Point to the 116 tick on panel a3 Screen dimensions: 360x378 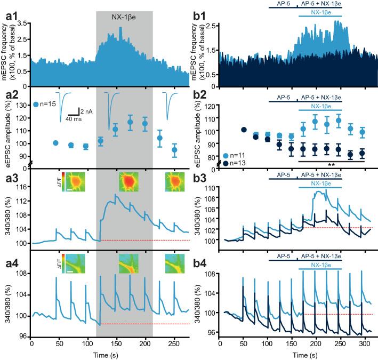(22, 187)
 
